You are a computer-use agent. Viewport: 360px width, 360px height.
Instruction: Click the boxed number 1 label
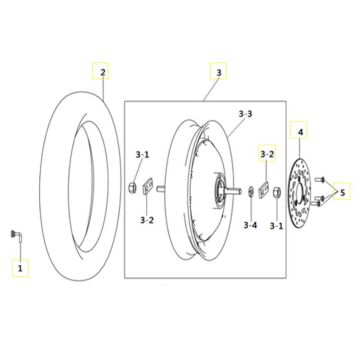17,267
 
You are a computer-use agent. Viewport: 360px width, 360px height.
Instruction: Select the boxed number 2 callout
102,72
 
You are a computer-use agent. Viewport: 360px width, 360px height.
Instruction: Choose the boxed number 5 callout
343,191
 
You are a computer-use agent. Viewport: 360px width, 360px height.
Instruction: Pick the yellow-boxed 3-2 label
267,154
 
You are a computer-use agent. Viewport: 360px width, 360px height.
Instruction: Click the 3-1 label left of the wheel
143,154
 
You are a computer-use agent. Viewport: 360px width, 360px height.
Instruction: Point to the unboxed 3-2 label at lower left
147,219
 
